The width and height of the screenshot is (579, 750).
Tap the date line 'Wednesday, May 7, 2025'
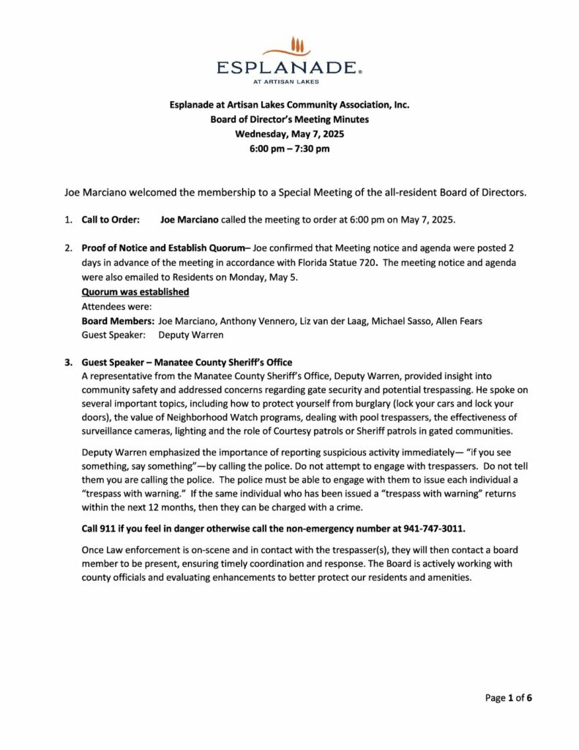[289, 134]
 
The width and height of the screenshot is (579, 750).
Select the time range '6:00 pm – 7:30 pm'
[289, 149]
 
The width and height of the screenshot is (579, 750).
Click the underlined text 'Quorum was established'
[135, 292]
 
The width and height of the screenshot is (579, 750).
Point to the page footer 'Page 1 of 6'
[508, 698]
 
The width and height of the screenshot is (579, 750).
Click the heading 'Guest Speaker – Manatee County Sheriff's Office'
[187, 362]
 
